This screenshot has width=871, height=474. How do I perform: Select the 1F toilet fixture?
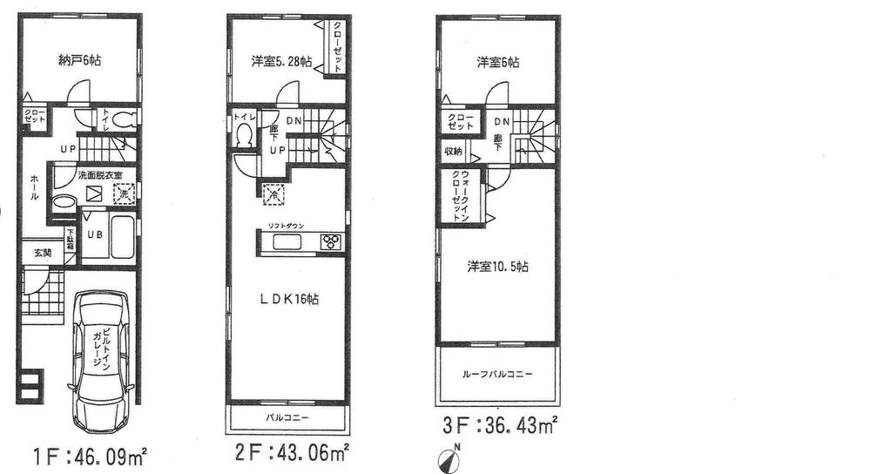point(125,119)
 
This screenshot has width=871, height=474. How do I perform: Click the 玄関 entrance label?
point(43,254)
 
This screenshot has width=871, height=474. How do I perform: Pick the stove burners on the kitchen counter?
point(331,241)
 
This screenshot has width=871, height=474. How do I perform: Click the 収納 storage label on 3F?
point(453,152)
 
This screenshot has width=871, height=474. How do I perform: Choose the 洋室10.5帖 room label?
point(497,267)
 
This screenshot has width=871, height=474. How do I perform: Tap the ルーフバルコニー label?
point(497,375)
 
